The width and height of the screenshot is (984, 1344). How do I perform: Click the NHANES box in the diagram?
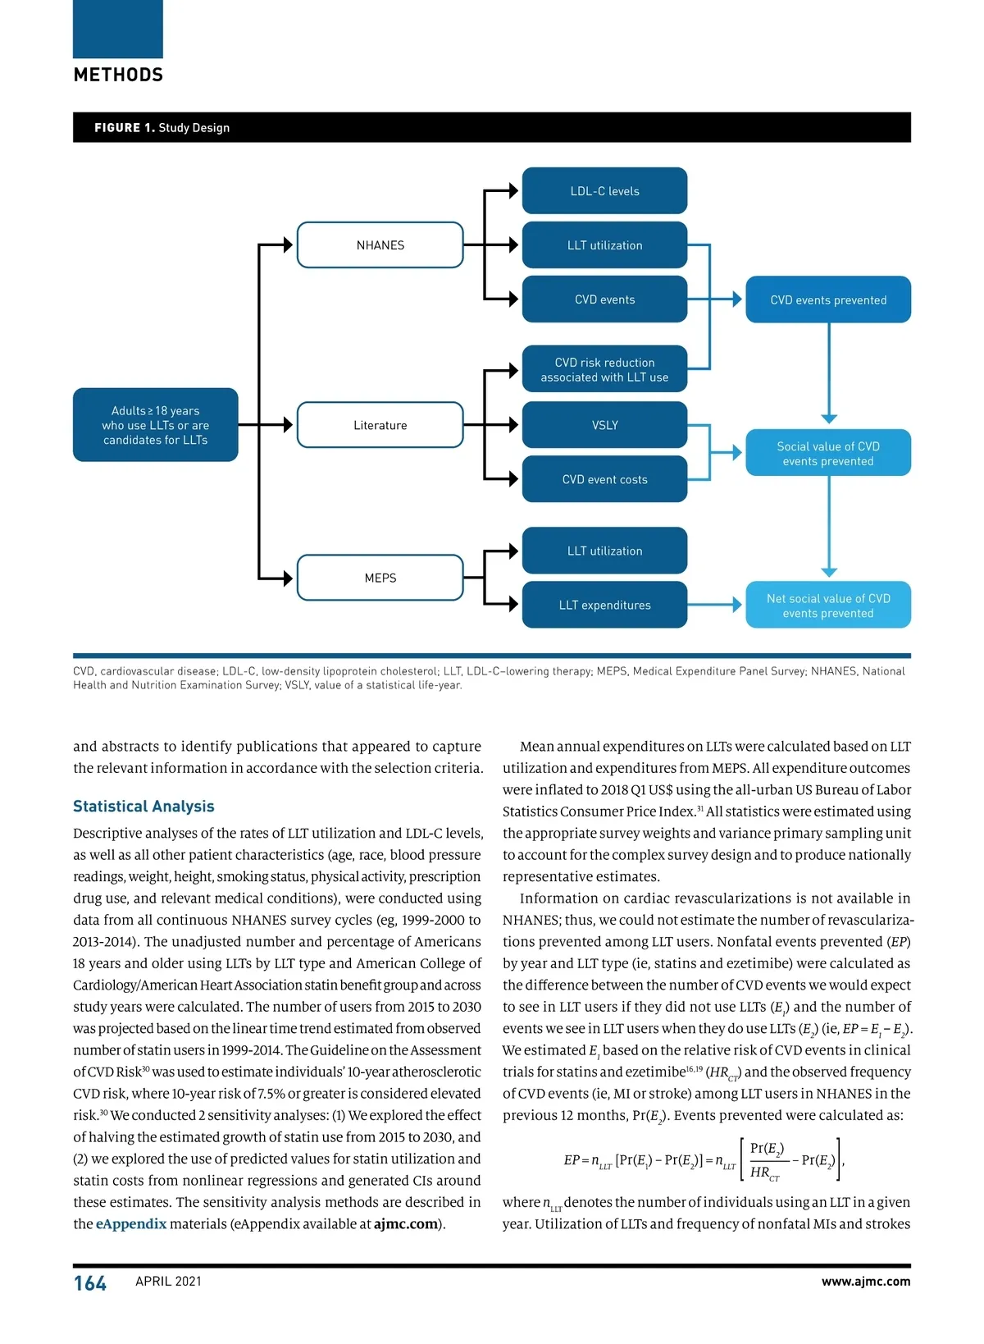[380, 245]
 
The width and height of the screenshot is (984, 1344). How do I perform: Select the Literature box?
[380, 425]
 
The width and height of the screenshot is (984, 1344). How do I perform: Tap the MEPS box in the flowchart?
[380, 578]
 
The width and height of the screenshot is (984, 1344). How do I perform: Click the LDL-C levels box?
[604, 191]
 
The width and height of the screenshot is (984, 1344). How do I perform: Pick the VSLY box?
[604, 425]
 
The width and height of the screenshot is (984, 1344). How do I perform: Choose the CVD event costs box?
[604, 479]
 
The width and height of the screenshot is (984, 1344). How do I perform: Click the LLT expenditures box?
[604, 605]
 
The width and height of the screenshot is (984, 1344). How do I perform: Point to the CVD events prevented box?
[828, 299]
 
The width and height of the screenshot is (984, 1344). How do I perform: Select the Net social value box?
[828, 606]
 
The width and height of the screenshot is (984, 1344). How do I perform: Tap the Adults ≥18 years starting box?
[156, 425]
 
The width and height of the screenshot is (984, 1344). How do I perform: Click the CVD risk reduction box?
[604, 369]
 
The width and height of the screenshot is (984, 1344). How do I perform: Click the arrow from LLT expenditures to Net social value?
[715, 605]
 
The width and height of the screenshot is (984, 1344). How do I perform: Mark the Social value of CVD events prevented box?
[828, 453]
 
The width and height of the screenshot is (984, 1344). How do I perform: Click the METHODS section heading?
[118, 75]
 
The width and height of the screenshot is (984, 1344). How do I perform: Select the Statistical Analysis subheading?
[143, 807]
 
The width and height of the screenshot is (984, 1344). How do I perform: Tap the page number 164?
[90, 1283]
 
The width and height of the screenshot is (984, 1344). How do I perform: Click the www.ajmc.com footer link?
[866, 1282]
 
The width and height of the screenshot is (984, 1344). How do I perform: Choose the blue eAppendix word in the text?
[131, 1224]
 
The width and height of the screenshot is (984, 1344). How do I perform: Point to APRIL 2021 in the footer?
[168, 1282]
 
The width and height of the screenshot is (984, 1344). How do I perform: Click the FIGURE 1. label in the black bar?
[124, 128]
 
